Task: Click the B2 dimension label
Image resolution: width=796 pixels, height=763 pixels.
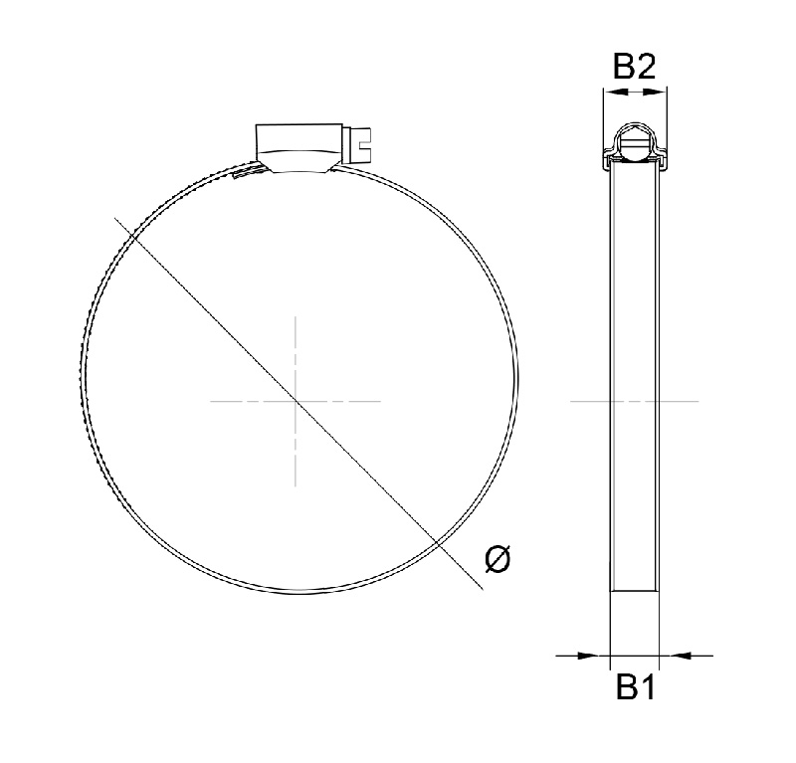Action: click(634, 67)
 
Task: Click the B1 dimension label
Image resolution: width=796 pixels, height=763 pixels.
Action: click(634, 686)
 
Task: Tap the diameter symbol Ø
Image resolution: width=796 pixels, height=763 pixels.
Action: click(498, 559)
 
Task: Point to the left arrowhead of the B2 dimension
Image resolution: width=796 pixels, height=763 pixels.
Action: click(609, 93)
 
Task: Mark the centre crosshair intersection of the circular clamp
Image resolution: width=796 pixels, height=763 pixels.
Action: click(296, 401)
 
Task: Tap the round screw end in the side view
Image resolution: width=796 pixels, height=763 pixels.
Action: click(634, 143)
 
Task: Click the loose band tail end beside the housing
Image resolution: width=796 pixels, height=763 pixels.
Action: click(241, 176)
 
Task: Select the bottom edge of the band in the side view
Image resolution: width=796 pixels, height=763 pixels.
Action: click(634, 591)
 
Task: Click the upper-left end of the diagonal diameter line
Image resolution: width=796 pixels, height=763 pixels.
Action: click(117, 218)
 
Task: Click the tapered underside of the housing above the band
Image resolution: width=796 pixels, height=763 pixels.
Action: click(298, 162)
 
